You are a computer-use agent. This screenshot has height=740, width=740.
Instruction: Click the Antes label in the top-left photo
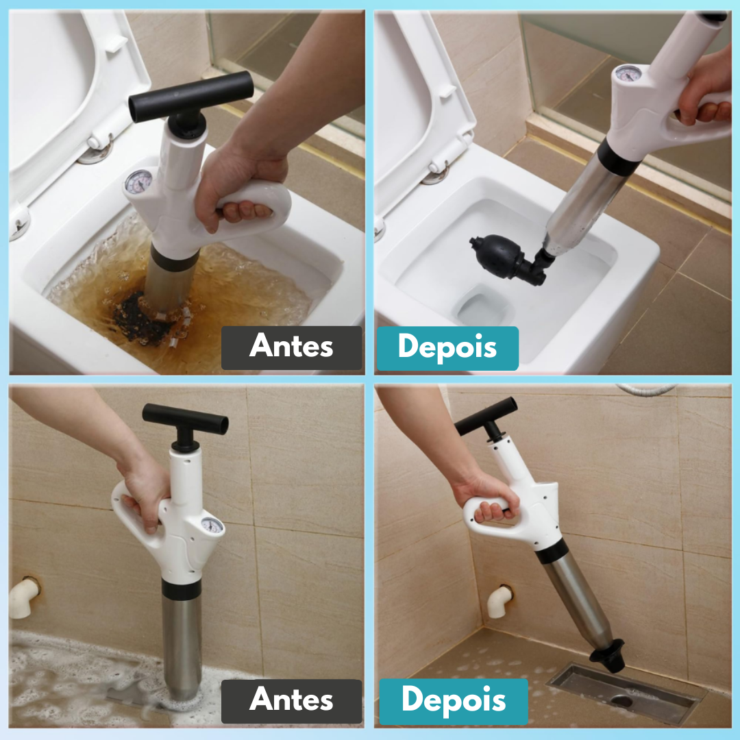291,347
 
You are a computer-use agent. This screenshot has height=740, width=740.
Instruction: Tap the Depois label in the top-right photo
447,347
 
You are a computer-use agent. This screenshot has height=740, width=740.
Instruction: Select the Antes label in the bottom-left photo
291,700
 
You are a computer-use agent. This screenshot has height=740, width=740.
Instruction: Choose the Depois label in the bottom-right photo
454,700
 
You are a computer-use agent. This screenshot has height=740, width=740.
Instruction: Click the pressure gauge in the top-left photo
139,182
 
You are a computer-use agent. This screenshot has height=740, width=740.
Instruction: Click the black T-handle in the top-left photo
190,97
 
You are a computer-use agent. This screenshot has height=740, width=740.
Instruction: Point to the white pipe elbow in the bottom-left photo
24,595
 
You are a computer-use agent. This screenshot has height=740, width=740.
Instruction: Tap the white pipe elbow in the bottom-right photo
500,600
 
